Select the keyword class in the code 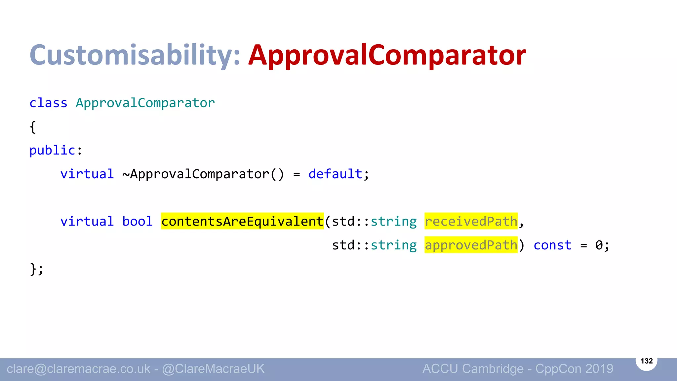click(x=48, y=103)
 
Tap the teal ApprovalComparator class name click(x=145, y=103)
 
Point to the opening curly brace click(x=33, y=127)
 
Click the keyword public click(x=52, y=150)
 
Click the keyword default click(x=335, y=174)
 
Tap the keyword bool click(x=138, y=221)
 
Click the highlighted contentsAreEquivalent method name click(x=242, y=221)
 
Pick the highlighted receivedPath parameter click(x=471, y=221)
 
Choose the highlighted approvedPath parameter click(x=471, y=245)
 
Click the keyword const click(x=552, y=245)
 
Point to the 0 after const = click(x=599, y=245)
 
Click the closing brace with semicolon click(x=36, y=269)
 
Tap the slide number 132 click(x=647, y=361)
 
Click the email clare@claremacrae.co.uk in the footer click(x=78, y=369)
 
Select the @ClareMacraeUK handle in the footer click(x=213, y=369)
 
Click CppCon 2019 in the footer click(x=574, y=369)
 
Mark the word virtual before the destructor click(x=87, y=174)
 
